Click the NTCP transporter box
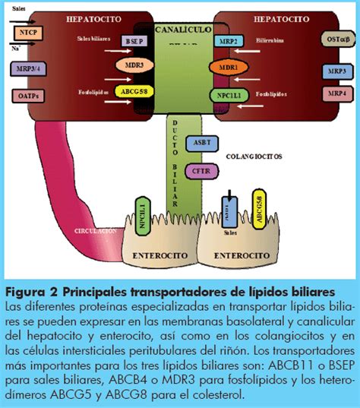(x=27, y=33)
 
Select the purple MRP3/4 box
(x=27, y=70)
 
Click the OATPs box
(x=27, y=96)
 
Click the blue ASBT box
(x=202, y=142)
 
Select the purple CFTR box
(x=201, y=171)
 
